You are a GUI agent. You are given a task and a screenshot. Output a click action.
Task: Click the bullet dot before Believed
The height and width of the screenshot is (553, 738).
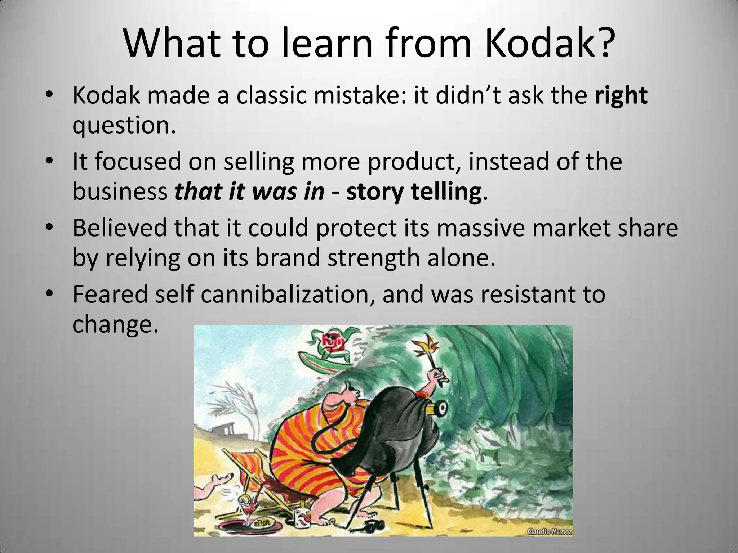coord(49,228)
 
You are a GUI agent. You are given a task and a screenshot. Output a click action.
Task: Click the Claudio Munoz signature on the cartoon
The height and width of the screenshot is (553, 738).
coord(550,531)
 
